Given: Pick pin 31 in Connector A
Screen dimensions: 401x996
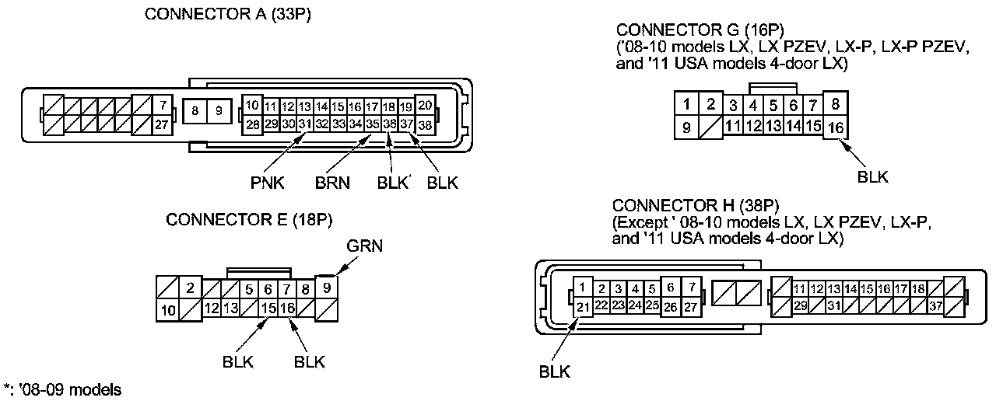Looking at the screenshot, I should point(304,124).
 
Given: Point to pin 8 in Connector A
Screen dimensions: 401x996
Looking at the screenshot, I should point(195,111).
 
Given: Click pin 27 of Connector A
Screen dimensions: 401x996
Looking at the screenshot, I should point(162,124).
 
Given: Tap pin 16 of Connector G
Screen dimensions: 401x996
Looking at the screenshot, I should point(835,127).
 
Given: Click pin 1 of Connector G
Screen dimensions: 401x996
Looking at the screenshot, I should point(686,104).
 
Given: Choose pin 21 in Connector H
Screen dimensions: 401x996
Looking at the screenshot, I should point(583,306).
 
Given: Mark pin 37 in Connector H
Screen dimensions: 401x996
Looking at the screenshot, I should point(936,306).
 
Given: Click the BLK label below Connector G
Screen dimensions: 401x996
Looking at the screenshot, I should point(872,176).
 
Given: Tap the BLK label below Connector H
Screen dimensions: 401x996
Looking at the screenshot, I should point(555,371).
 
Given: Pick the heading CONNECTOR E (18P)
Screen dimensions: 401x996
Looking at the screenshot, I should point(249,220).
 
